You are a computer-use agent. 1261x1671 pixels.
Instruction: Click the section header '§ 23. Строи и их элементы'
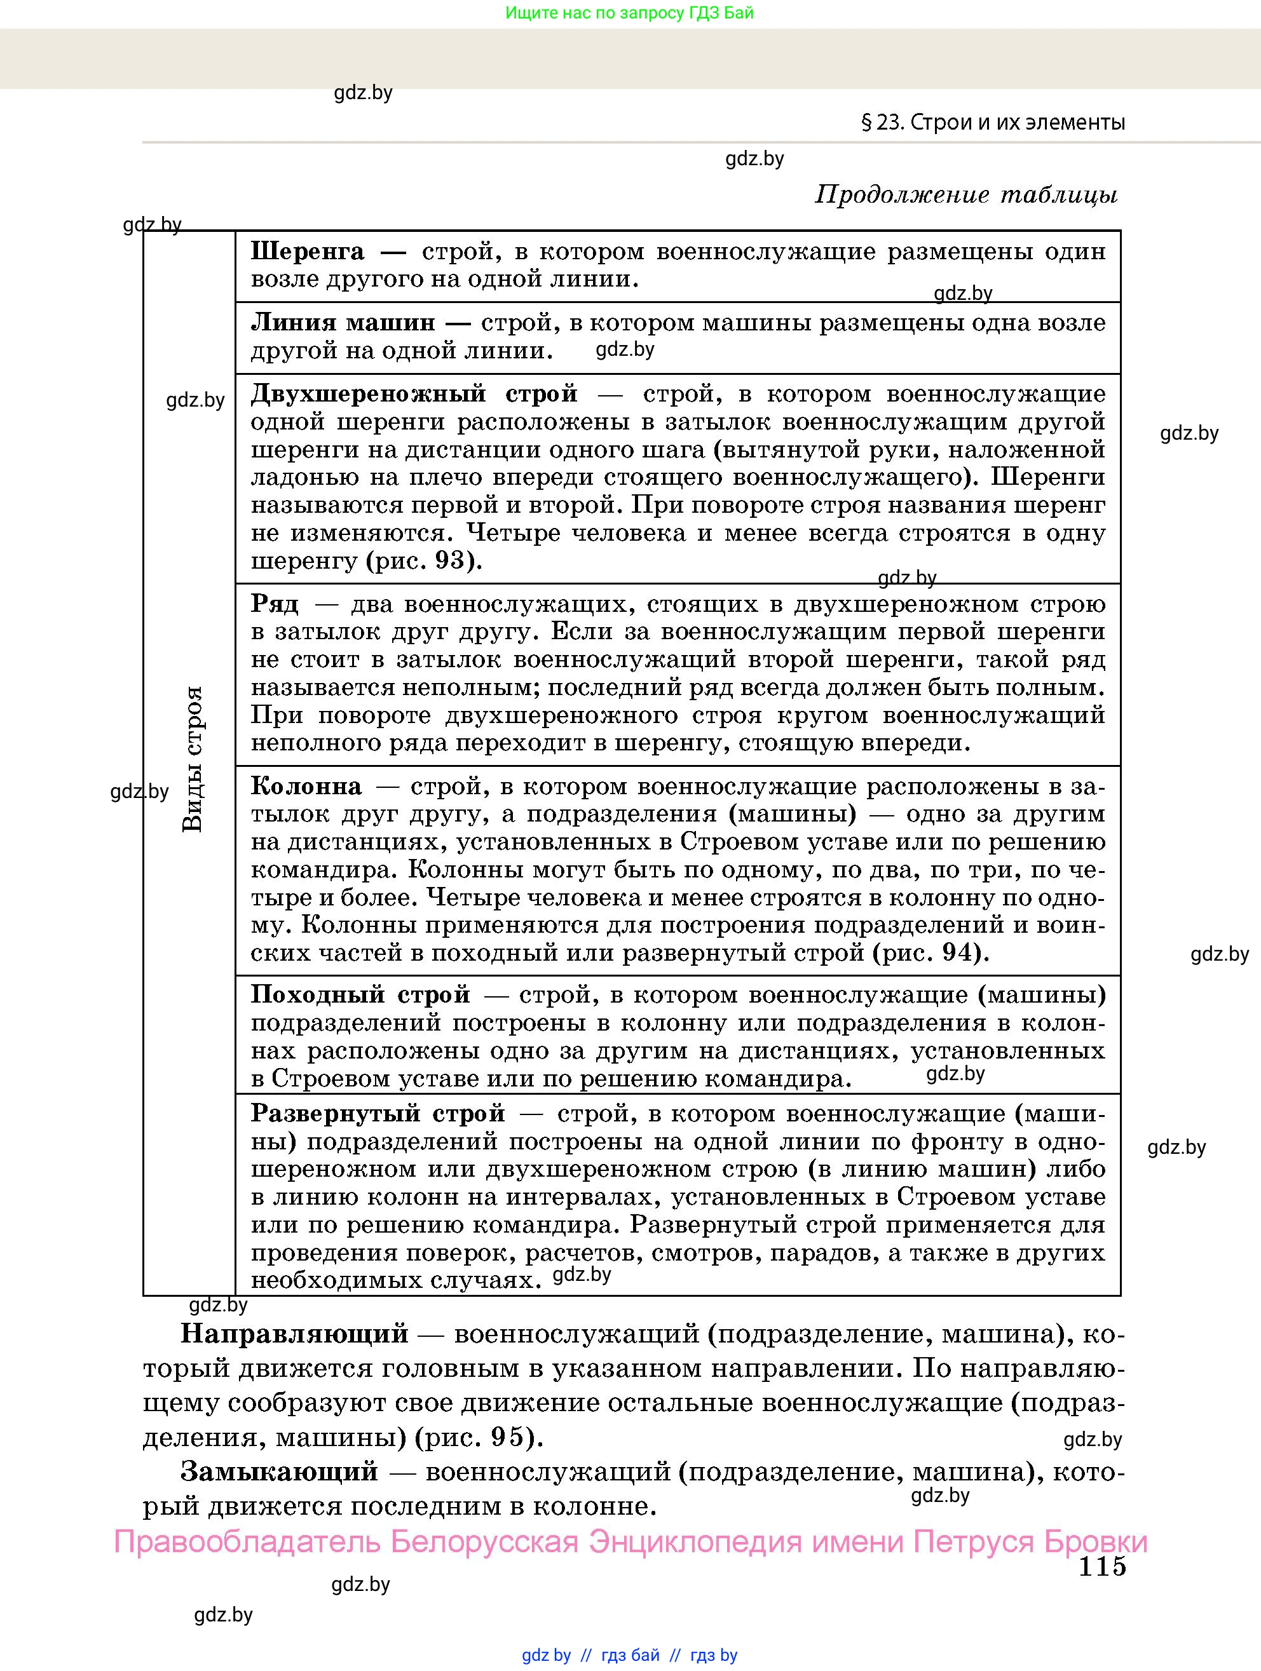pyautogui.click(x=993, y=123)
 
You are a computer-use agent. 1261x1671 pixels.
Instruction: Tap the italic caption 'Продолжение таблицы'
pyautogui.click(x=965, y=195)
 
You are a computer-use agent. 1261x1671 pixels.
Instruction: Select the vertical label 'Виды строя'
pyautogui.click(x=193, y=759)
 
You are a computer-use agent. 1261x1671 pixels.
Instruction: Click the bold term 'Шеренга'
pyautogui.click(x=308, y=252)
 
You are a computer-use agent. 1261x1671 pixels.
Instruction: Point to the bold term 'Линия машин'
pyautogui.click(x=343, y=323)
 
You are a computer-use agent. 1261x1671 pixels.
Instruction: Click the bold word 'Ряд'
pyautogui.click(x=275, y=604)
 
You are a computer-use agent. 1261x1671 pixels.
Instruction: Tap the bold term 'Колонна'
pyautogui.click(x=306, y=787)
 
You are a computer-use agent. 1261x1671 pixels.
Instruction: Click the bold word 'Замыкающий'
pyautogui.click(x=279, y=1471)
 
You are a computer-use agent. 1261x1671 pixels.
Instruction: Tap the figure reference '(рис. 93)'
pyautogui.click(x=424, y=560)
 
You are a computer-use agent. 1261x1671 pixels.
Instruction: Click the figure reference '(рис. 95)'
pyautogui.click(x=479, y=1436)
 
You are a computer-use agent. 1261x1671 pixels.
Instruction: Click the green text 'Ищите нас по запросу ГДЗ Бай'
pyautogui.click(x=629, y=13)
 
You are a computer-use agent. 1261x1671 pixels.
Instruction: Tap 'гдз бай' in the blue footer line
pyautogui.click(x=630, y=1655)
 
